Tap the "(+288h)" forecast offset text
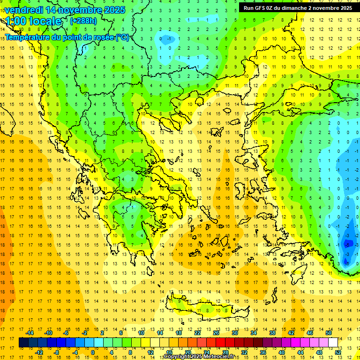84,21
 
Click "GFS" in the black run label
262,8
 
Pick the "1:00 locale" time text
33,22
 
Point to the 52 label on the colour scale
338,352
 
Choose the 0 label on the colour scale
92,352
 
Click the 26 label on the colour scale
216,333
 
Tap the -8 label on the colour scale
56,352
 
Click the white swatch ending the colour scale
333,343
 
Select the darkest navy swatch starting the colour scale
23,343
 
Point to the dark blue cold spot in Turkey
347,244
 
